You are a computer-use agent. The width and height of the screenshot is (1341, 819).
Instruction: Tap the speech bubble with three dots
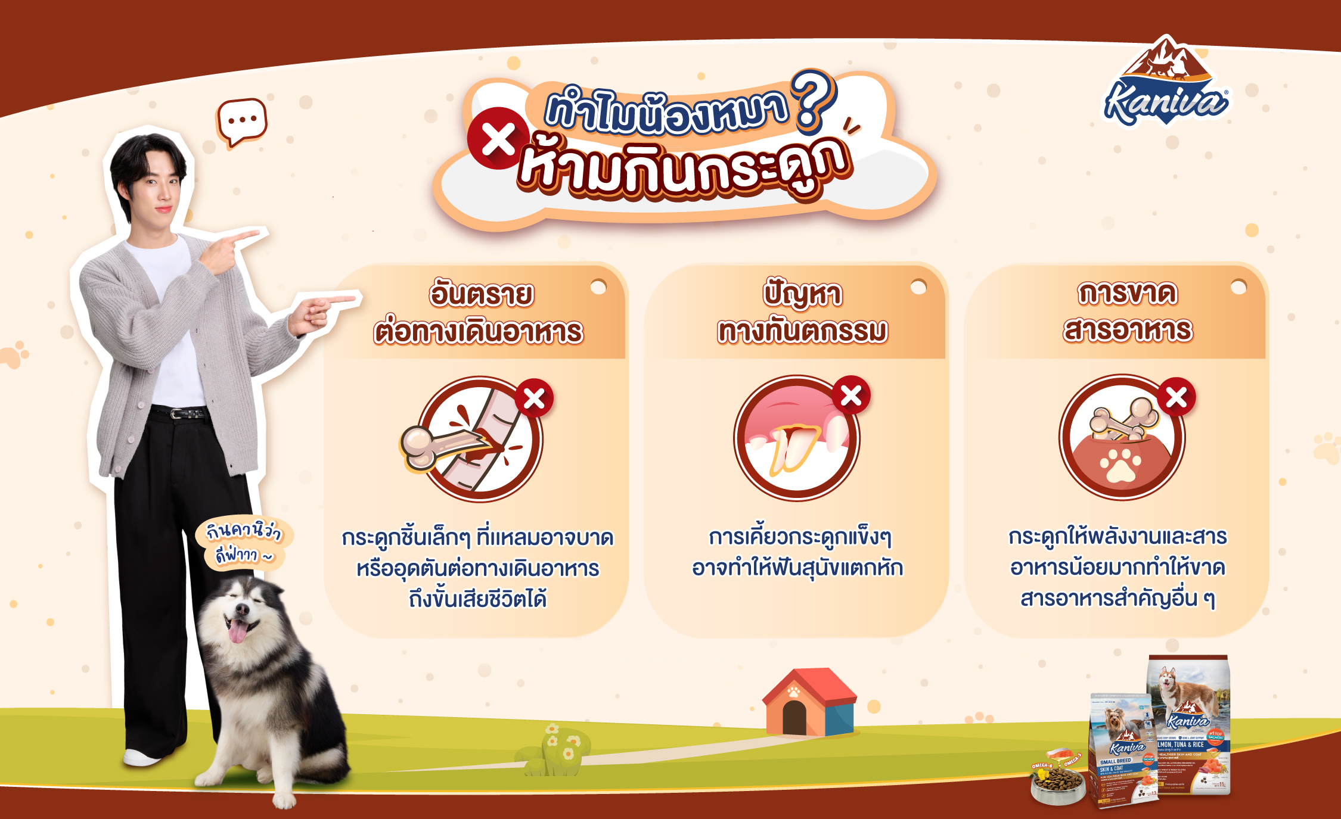coord(242,121)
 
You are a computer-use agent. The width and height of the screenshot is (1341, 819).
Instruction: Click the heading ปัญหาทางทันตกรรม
coord(802,313)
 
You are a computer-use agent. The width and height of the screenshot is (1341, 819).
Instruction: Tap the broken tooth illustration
coord(793,447)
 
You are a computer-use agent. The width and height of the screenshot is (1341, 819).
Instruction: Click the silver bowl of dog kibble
coord(1057,783)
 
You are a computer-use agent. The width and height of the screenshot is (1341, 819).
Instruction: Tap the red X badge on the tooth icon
coord(851,395)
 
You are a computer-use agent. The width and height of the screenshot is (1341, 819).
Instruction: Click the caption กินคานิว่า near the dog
coord(243,530)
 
